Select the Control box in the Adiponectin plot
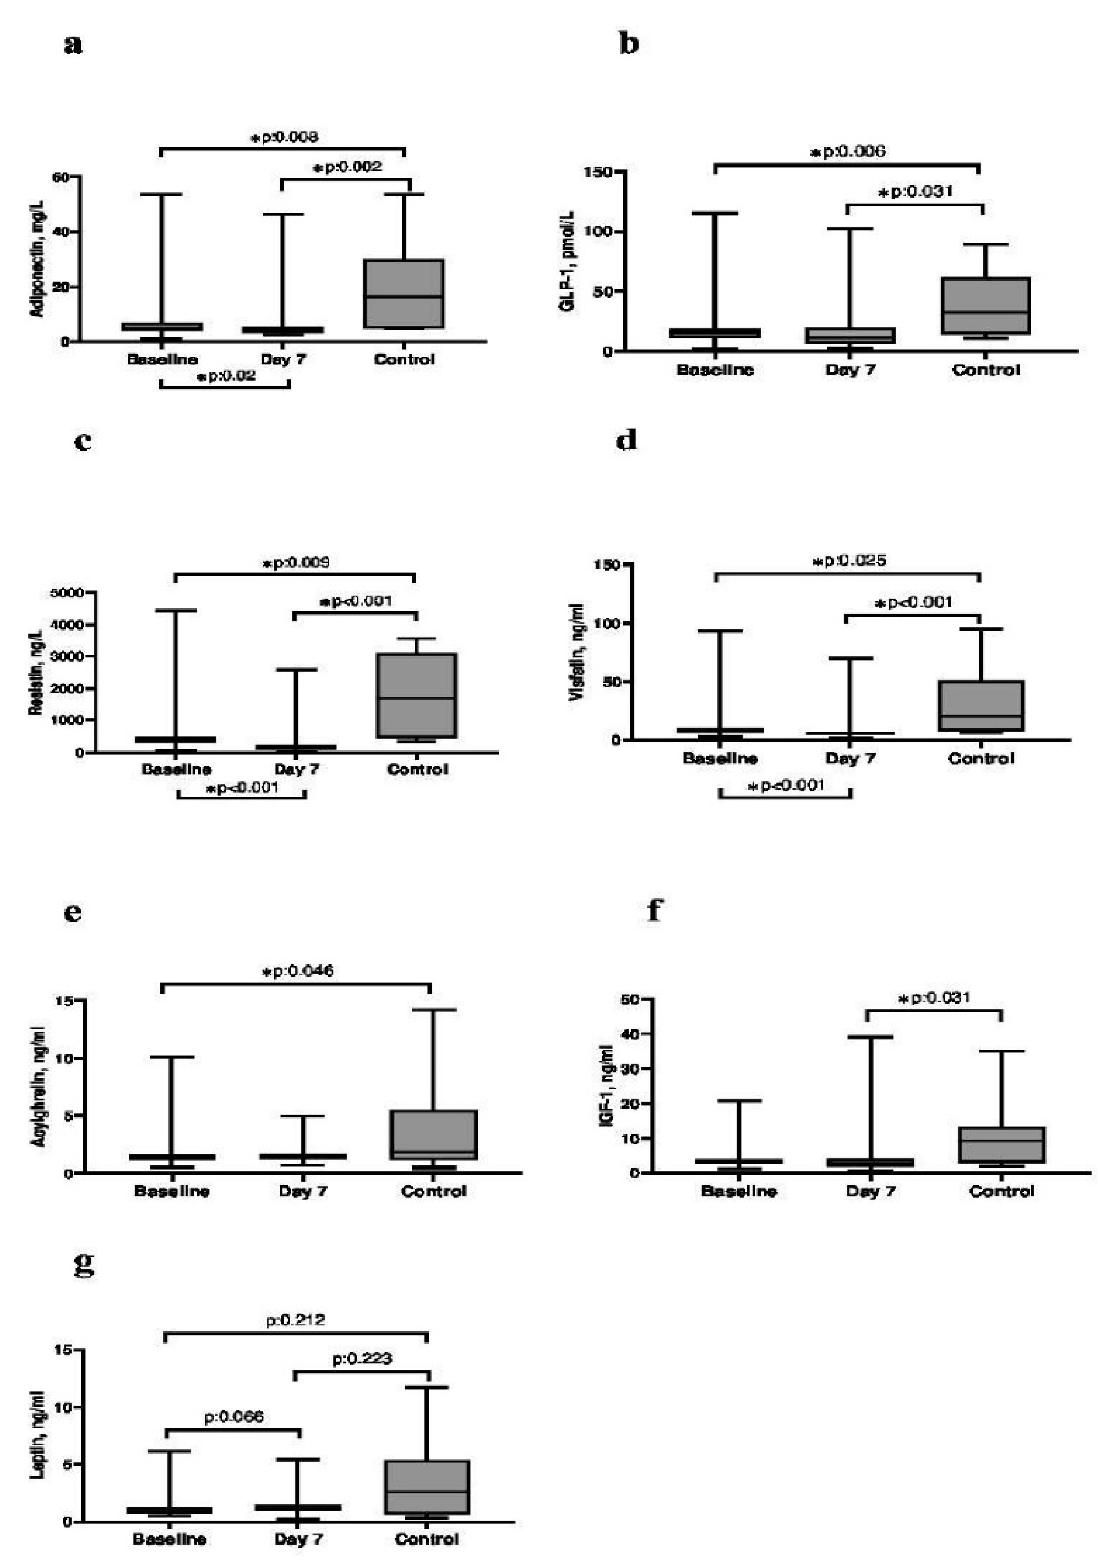click(404, 294)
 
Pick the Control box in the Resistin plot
click(417, 695)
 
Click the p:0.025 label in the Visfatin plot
click(851, 561)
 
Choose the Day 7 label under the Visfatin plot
click(850, 758)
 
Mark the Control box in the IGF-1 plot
click(1001, 1144)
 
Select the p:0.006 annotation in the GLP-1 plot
click(848, 152)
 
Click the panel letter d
click(627, 441)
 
